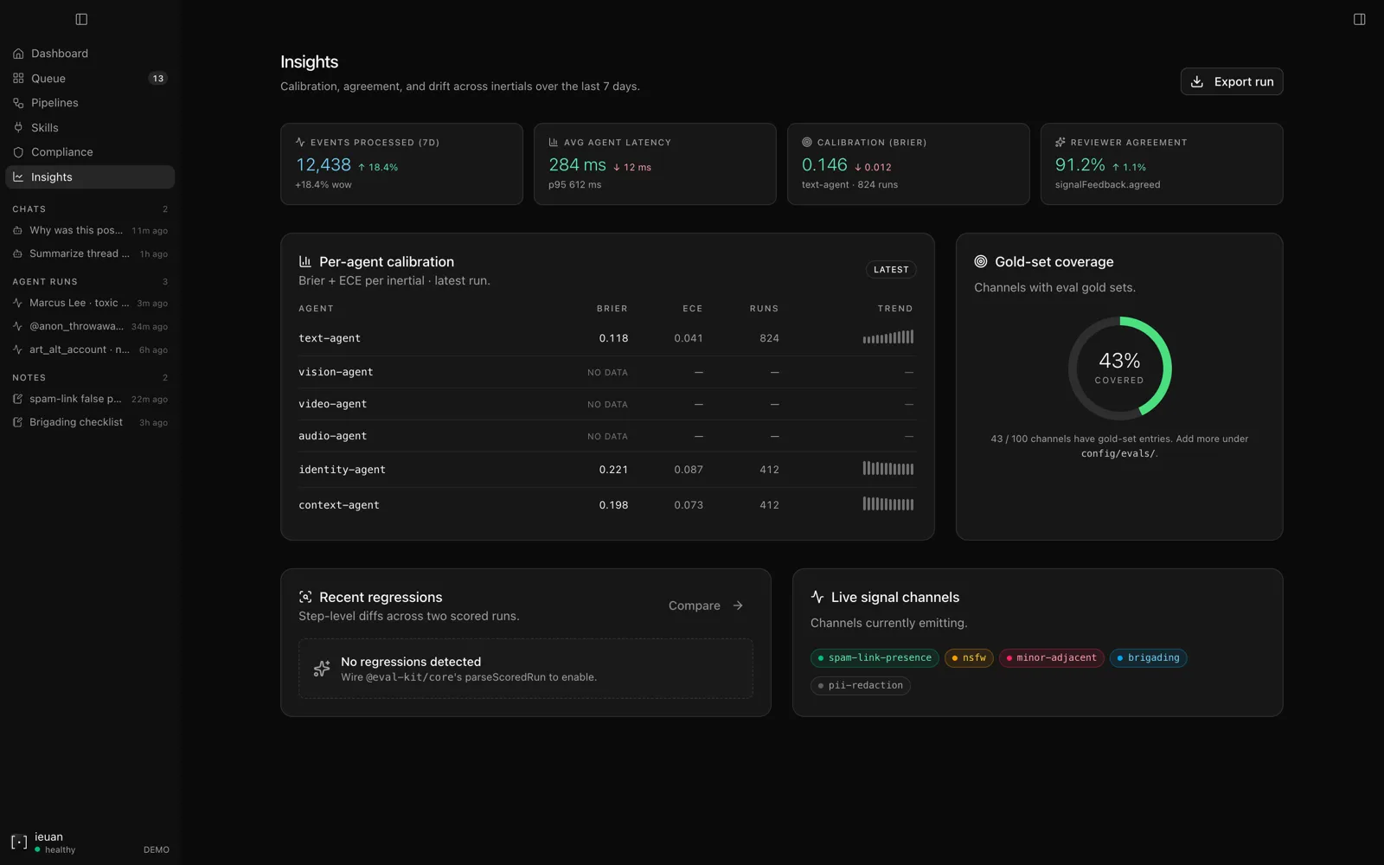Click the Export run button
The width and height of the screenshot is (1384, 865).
[1232, 81]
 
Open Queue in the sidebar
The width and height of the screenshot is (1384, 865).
[48, 79]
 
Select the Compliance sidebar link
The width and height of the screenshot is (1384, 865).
[61, 152]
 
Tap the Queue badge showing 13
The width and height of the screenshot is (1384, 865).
[158, 79]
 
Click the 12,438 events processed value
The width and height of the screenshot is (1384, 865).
[324, 165]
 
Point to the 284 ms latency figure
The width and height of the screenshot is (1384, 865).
[577, 165]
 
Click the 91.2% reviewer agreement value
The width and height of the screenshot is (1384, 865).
[1080, 165]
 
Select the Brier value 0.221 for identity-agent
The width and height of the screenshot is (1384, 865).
[613, 470]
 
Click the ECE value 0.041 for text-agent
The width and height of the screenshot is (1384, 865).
[689, 338]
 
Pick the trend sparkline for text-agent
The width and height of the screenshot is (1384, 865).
[887, 337]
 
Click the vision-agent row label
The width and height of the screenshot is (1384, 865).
[336, 372]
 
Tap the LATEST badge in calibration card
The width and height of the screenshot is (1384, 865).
[891, 269]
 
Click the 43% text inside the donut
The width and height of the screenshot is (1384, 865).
[1119, 361]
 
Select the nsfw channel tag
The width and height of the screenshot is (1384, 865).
[969, 658]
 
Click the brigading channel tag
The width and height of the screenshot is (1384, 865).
[1148, 658]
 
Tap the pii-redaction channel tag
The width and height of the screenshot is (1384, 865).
[860, 685]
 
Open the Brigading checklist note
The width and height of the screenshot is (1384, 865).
[76, 423]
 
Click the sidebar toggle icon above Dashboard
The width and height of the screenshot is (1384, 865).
[81, 19]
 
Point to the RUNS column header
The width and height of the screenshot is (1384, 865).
[764, 308]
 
